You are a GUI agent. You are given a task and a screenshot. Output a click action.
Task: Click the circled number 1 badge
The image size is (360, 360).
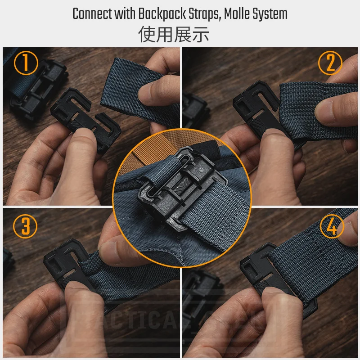26,63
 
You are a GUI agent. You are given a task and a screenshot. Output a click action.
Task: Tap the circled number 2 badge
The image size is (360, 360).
331,63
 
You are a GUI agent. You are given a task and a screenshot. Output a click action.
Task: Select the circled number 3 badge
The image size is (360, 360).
26,226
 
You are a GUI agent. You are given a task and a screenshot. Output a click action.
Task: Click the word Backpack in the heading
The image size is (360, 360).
153,13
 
